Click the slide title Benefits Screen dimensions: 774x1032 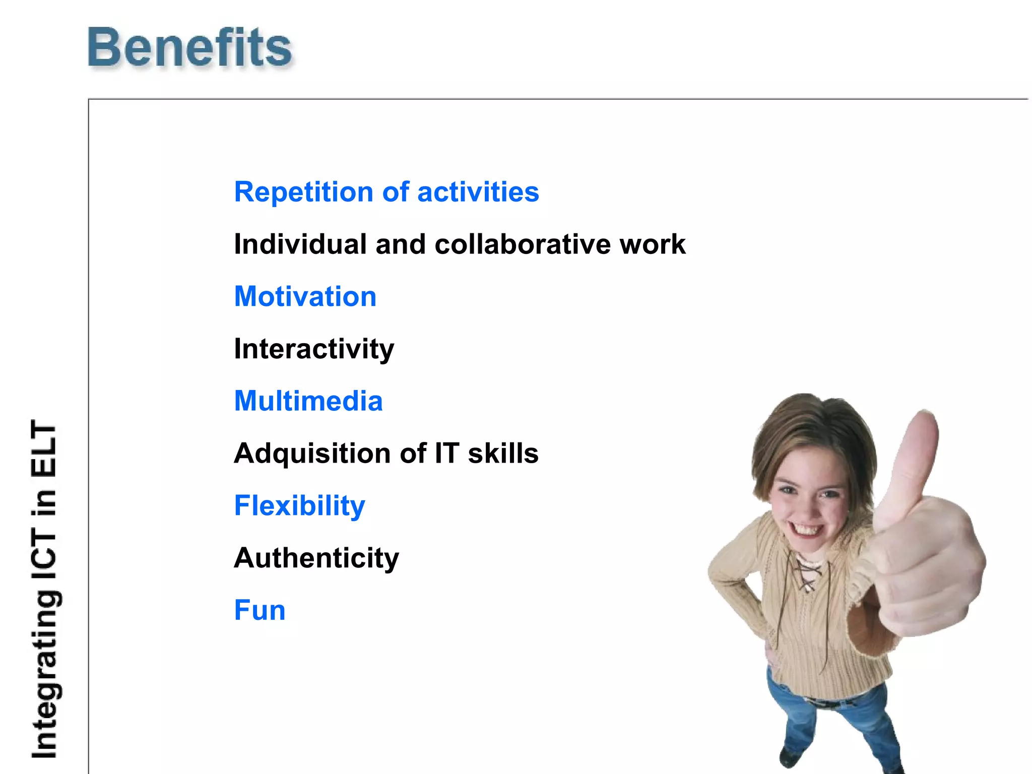(x=189, y=48)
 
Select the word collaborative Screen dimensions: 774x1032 (x=523, y=244)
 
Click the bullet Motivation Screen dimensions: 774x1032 (x=305, y=296)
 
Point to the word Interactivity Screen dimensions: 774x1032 (x=314, y=349)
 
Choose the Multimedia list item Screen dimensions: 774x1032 (x=308, y=401)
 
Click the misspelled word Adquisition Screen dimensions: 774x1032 (x=312, y=454)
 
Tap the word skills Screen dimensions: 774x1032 (x=503, y=454)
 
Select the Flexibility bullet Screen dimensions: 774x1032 (x=300, y=506)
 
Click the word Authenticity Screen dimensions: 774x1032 (x=316, y=558)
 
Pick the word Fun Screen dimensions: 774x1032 (x=260, y=610)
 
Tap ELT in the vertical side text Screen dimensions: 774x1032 (x=44, y=448)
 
